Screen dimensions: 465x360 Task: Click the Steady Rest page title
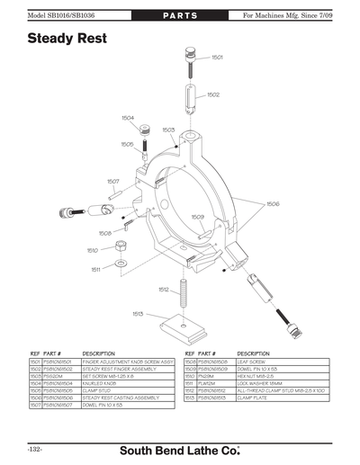point(67,39)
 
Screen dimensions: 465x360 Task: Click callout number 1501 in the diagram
point(217,57)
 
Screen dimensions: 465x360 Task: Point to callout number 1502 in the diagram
point(213,94)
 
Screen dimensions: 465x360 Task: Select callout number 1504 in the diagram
point(128,117)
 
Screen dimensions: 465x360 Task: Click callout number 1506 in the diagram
point(272,204)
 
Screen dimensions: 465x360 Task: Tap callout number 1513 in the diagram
point(138,313)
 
